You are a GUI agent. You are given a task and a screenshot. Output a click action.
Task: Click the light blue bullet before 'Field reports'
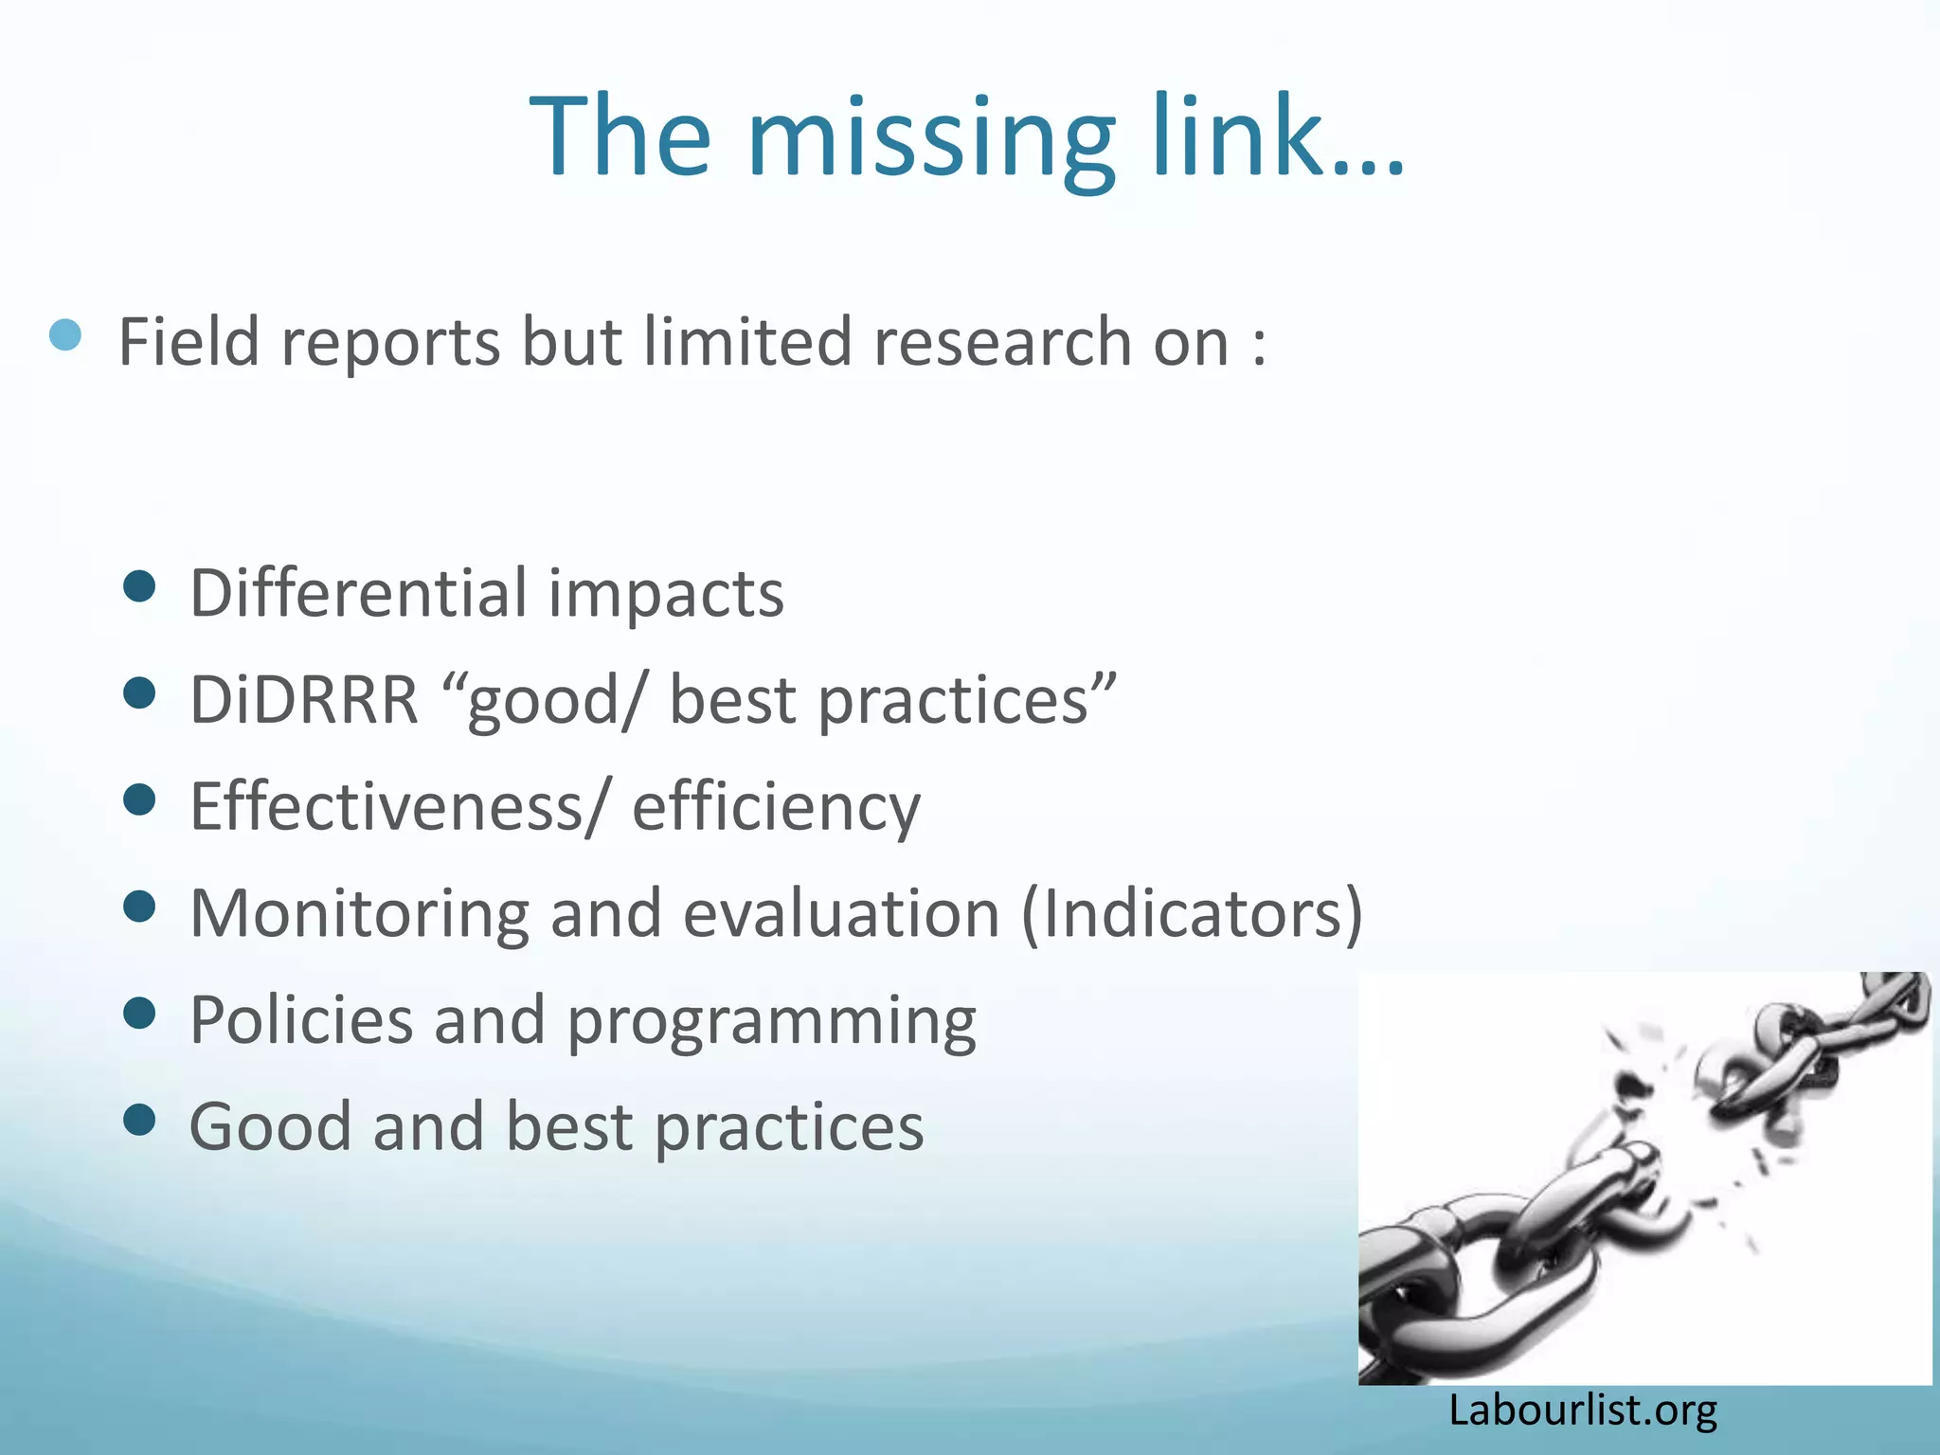(x=65, y=334)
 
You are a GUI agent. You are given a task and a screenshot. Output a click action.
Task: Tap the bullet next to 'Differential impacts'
(x=139, y=586)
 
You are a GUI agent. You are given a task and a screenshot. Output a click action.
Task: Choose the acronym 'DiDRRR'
(x=304, y=700)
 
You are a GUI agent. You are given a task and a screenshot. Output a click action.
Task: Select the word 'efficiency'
(x=776, y=807)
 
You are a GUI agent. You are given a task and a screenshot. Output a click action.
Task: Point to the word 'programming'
(x=771, y=1023)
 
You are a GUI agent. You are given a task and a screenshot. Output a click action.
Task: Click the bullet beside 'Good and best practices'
(x=139, y=1120)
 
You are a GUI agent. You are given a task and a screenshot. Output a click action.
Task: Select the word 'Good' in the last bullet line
(x=270, y=1127)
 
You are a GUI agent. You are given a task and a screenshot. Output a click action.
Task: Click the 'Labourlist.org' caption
(x=1582, y=1410)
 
